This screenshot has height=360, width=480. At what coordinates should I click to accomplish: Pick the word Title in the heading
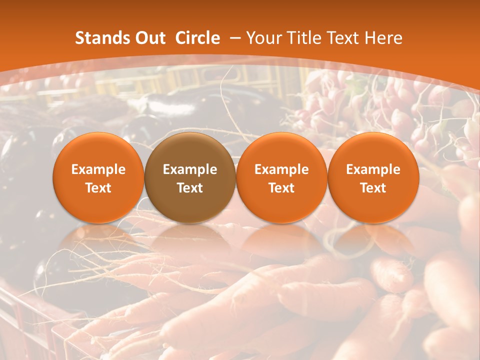[x=303, y=38]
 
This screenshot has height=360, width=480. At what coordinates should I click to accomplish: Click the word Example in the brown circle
[x=190, y=170]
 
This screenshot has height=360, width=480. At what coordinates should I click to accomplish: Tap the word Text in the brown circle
[x=190, y=188]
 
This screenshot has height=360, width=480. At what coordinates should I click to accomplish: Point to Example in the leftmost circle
[x=98, y=170]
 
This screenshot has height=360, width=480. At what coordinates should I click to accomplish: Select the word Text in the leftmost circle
[x=98, y=188]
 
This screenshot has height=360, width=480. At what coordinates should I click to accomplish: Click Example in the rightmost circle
[x=373, y=170]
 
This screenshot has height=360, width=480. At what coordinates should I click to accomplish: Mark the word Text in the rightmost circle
[x=373, y=188]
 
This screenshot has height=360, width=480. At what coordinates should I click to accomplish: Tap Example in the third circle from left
[x=281, y=170]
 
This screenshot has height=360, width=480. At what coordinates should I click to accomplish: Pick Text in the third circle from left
[x=281, y=188]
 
